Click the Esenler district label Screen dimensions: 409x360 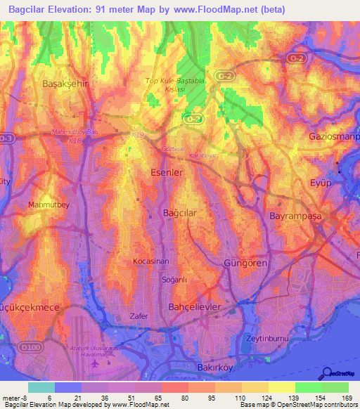click(167, 171)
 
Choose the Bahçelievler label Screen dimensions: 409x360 click(195, 308)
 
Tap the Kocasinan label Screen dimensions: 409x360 click(151, 261)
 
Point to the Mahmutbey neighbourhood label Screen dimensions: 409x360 click(49, 204)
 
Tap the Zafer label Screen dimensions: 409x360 click(139, 316)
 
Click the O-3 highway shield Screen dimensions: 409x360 click(7, 139)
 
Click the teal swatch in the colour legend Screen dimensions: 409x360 click(41, 387)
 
